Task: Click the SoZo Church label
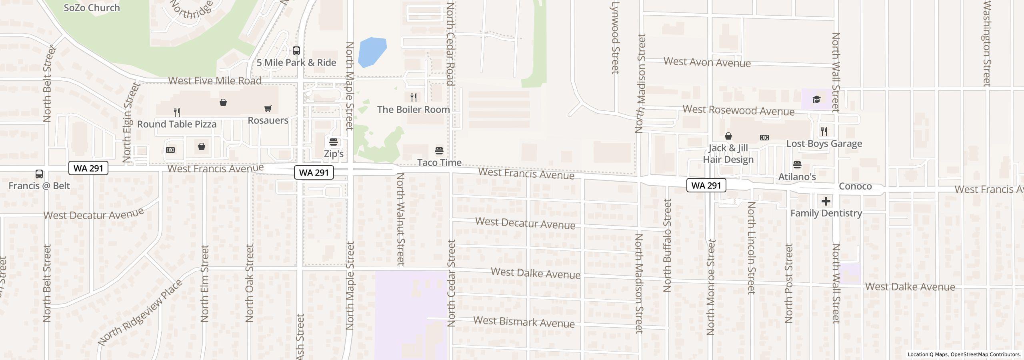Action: pos(92,8)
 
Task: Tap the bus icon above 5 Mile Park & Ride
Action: pos(296,51)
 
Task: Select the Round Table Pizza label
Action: pos(177,124)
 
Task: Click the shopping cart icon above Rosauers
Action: pos(268,108)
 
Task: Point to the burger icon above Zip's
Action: pos(334,142)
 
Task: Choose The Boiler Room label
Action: pos(413,109)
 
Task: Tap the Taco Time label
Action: pos(439,162)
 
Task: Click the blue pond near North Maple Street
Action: pos(372,52)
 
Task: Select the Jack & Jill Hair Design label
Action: pos(728,154)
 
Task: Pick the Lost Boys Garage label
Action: pos(824,144)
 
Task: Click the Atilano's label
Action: pos(797,176)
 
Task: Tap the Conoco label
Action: pos(855,186)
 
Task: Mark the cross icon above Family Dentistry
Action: pos(826,201)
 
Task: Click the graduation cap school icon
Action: pos(816,99)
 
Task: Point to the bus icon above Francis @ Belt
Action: pos(39,174)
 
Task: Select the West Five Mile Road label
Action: pos(215,80)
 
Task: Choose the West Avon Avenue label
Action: pos(707,62)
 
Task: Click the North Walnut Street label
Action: pos(400,219)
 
